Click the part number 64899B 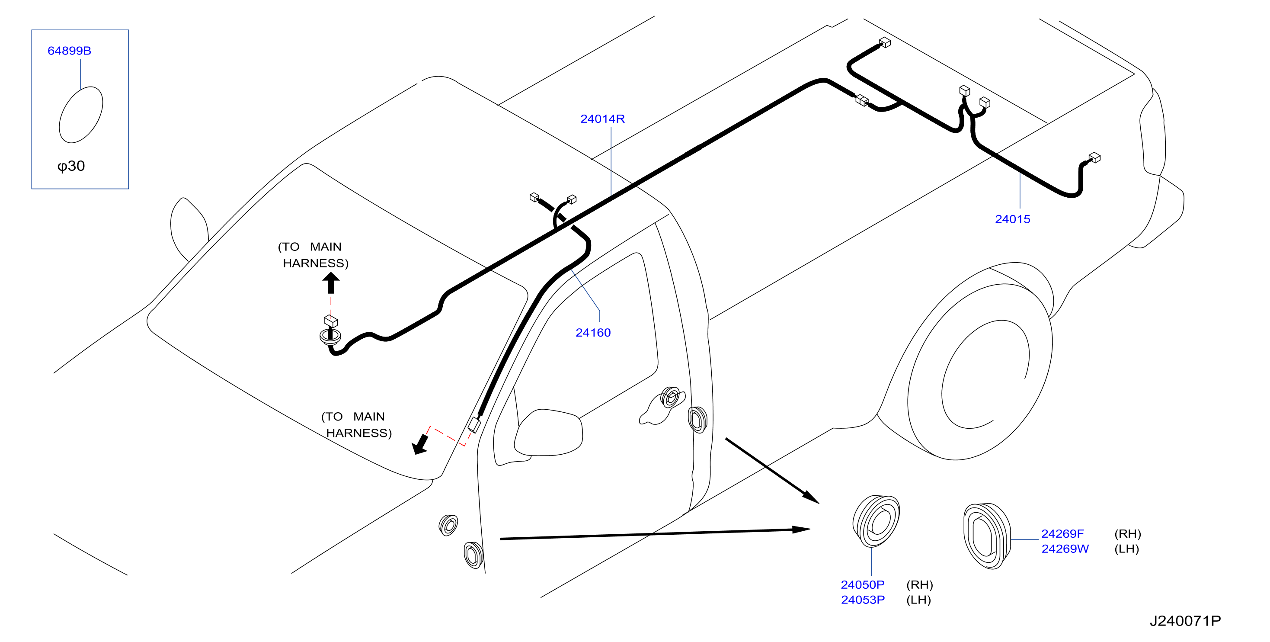[69, 51]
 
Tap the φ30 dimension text [71, 166]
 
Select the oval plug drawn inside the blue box [81, 115]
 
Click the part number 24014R [602, 119]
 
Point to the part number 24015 [1013, 219]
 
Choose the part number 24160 [593, 333]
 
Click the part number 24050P [863, 585]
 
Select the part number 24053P [863, 600]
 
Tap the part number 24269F [1062, 534]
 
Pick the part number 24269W [1065, 549]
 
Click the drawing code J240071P [1185, 621]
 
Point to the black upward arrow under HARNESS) [331, 283]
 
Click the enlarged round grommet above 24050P [876, 521]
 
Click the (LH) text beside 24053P [918, 600]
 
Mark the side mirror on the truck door [548, 433]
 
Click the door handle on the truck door [662, 406]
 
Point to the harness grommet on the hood [330, 337]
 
